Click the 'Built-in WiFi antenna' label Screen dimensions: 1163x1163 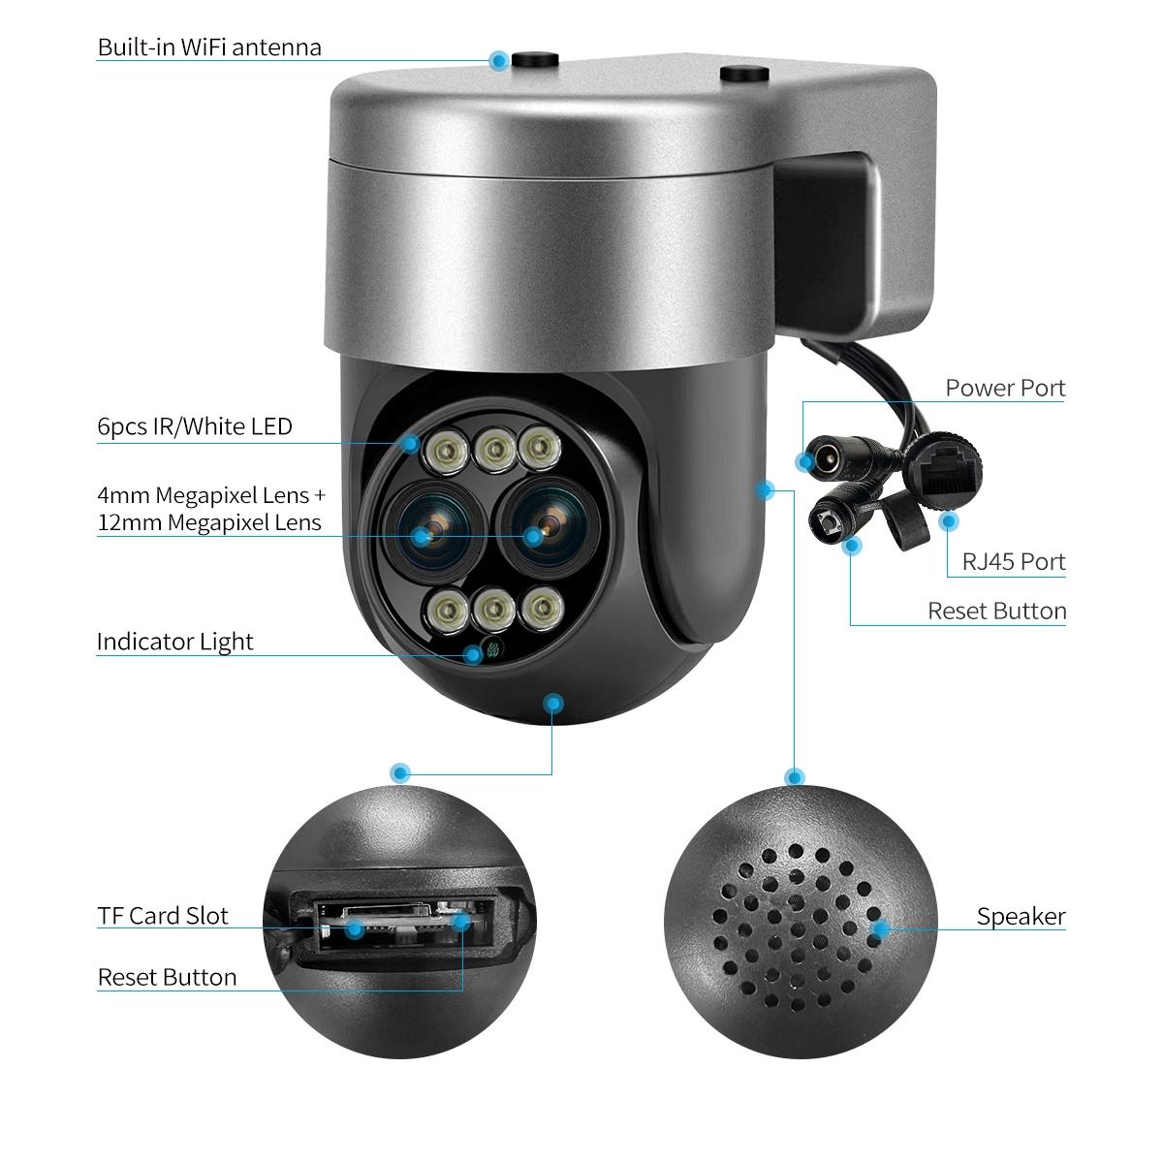(x=208, y=47)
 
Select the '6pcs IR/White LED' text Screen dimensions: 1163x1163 (x=194, y=425)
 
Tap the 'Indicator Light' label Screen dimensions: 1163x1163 (x=174, y=642)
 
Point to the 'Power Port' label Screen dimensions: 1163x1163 (x=1005, y=389)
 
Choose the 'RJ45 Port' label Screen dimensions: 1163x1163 (x=1013, y=561)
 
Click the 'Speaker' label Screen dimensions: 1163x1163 (x=1021, y=916)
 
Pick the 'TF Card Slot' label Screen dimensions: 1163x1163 (x=163, y=916)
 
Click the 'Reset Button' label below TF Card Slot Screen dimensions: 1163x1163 (x=167, y=977)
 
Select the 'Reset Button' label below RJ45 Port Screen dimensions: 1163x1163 (x=996, y=611)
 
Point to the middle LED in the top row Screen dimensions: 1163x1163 (x=494, y=448)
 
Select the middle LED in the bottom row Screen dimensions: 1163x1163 (x=494, y=610)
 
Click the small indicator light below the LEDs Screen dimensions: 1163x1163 (x=490, y=651)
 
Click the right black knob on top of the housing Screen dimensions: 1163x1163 (x=742, y=73)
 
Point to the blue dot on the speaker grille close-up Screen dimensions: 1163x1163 (x=880, y=928)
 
